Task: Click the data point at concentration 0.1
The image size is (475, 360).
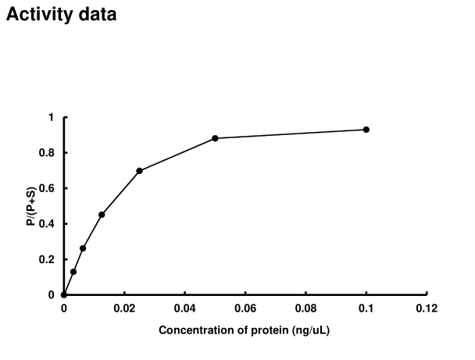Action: [x=366, y=130]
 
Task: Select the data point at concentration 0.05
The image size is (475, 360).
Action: [x=215, y=138]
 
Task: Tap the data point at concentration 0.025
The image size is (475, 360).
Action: [x=139, y=171]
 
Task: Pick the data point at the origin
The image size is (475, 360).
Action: [x=64, y=294]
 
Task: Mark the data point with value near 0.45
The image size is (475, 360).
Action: [x=102, y=215]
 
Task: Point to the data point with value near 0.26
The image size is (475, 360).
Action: [x=83, y=248]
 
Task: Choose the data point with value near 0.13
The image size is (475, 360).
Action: [x=73, y=272]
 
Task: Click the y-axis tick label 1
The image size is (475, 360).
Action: [x=51, y=117]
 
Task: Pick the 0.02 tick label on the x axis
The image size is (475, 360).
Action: [x=124, y=308]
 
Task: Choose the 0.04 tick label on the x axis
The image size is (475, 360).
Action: [x=184, y=308]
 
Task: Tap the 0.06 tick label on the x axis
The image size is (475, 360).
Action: [x=245, y=308]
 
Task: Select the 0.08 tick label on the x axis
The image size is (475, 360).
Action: [x=305, y=308]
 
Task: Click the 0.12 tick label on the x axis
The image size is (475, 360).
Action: [x=426, y=308]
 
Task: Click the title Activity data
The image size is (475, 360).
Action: [x=62, y=14]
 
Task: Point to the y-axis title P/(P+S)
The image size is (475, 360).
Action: [x=29, y=206]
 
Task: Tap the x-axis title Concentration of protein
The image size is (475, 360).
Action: [x=245, y=330]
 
